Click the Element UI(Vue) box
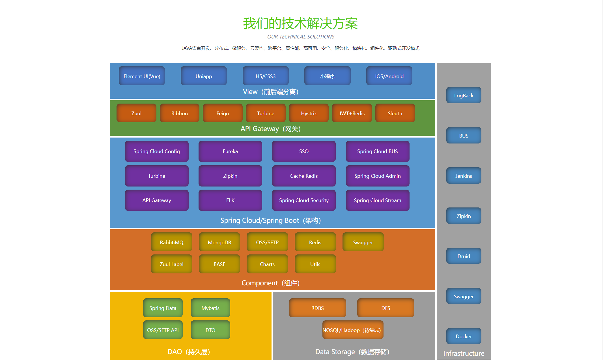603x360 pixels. tap(142, 76)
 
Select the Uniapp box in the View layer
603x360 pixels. tap(204, 76)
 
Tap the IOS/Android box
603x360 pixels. tap(389, 76)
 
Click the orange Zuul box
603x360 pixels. tap(136, 113)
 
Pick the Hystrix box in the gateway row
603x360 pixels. tap(309, 113)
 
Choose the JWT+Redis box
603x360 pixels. tap(352, 113)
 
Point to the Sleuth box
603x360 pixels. tap(395, 113)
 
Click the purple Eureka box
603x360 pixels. tap(230, 151)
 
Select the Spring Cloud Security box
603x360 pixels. tap(304, 200)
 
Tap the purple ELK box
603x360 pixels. tap(230, 200)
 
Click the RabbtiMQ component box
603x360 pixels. tap(171, 242)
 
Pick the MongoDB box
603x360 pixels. tap(219, 242)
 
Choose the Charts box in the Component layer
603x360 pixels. tap(267, 264)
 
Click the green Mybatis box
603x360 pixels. tap(210, 308)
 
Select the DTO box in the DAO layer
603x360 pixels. tap(210, 330)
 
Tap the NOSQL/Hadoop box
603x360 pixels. tap(353, 330)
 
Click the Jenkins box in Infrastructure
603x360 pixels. tap(464, 176)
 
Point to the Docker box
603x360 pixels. tap(464, 336)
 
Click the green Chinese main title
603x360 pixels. tap(300, 23)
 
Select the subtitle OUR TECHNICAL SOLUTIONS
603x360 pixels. tap(301, 37)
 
